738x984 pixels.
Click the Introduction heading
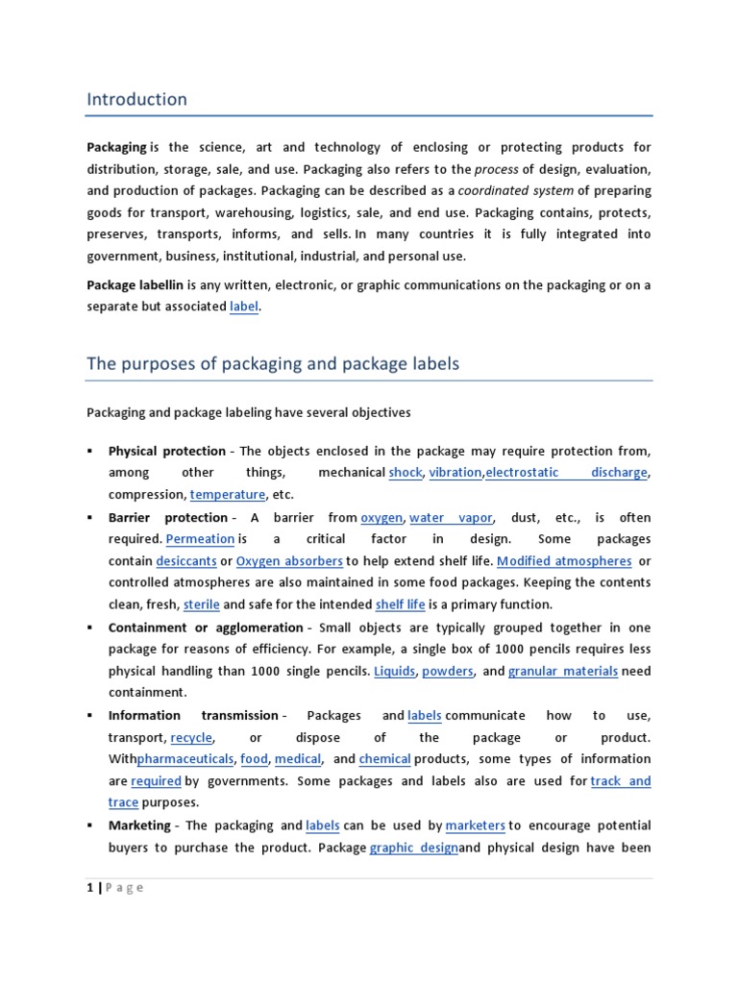(x=136, y=99)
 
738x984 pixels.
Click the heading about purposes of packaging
(x=273, y=363)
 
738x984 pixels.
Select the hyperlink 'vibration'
(x=455, y=472)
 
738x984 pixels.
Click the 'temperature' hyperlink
(x=228, y=494)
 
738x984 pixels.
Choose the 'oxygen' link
(x=381, y=517)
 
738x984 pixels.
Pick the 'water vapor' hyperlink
(x=451, y=517)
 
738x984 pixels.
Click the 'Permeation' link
(x=200, y=539)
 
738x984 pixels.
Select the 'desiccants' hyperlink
(x=185, y=561)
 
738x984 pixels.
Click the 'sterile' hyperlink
(x=201, y=604)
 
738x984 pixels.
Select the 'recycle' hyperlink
(x=191, y=737)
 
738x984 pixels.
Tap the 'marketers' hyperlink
(x=476, y=824)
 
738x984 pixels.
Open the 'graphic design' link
(x=413, y=848)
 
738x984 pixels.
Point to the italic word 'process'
(x=497, y=169)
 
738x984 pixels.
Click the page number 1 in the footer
(x=89, y=887)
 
